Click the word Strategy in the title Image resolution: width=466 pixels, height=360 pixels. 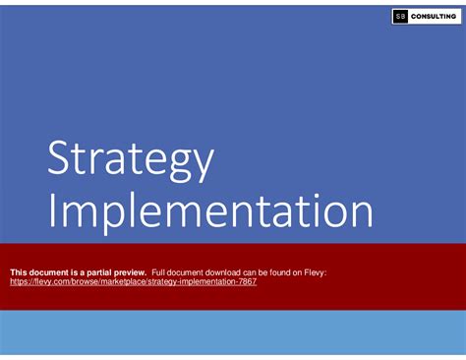point(129,160)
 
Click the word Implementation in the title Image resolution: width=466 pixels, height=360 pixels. point(209,211)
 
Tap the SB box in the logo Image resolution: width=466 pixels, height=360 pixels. point(399,17)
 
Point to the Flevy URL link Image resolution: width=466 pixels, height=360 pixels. point(133,280)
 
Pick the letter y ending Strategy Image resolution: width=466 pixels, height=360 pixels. point(201,165)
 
